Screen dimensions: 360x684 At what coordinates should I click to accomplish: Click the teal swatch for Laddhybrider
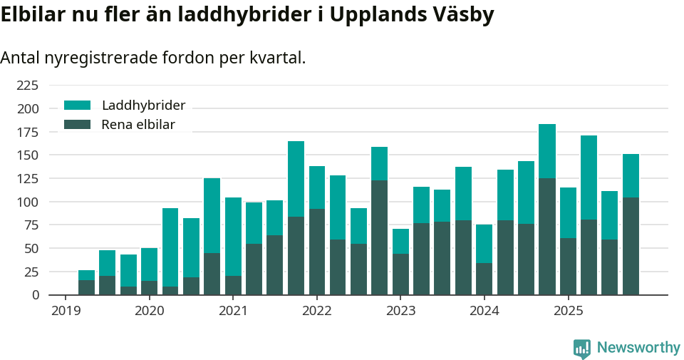[77, 106]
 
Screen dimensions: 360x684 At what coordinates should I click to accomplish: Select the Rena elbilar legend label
[138, 125]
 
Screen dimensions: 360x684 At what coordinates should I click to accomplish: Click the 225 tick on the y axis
[27, 86]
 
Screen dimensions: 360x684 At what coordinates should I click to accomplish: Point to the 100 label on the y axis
[27, 202]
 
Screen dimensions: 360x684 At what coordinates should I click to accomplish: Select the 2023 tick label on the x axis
[400, 311]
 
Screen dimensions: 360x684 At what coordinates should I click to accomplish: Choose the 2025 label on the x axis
[568, 311]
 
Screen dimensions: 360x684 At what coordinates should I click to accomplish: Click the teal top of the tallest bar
[547, 150]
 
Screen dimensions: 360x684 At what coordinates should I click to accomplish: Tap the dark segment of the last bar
[631, 246]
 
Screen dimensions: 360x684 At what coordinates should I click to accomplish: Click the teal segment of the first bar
[86, 275]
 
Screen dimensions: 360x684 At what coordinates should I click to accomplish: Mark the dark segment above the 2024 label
[484, 279]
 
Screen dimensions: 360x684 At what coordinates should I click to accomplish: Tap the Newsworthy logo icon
[581, 348]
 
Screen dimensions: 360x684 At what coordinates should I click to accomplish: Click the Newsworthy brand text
[638, 348]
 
